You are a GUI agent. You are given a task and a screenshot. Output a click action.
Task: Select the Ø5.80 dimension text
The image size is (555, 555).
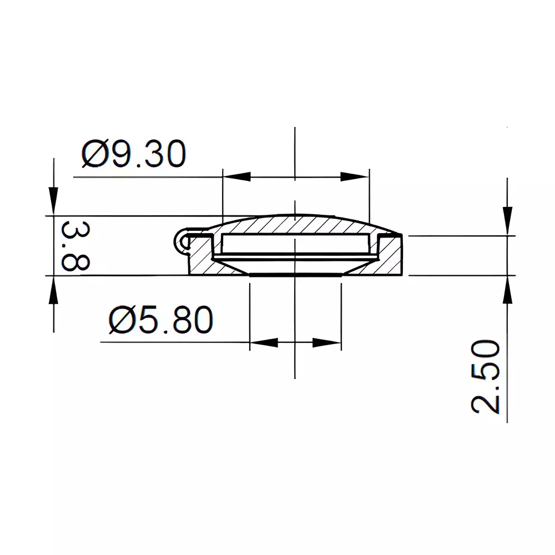[161, 320]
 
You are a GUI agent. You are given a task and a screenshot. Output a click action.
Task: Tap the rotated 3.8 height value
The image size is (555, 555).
[74, 245]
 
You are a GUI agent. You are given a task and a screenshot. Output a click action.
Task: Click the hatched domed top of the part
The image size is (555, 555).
[294, 225]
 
